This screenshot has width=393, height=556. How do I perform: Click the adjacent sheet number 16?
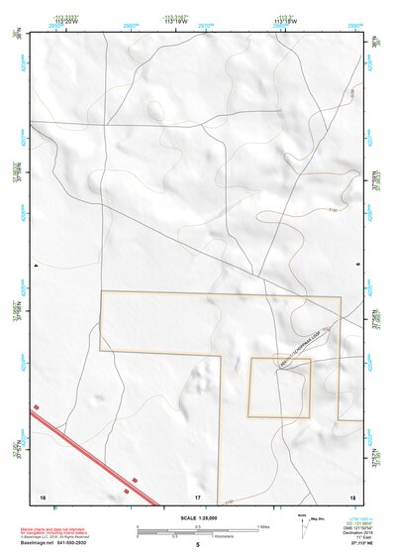tap(43, 497)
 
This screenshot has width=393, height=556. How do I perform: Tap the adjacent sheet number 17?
tap(198, 497)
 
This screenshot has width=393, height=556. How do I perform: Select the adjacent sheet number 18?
tap(353, 497)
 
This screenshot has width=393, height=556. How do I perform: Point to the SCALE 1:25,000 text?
tap(198, 517)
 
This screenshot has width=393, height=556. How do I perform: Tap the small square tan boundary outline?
tap(279, 388)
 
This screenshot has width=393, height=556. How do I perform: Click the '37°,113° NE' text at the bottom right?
tap(360, 543)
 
